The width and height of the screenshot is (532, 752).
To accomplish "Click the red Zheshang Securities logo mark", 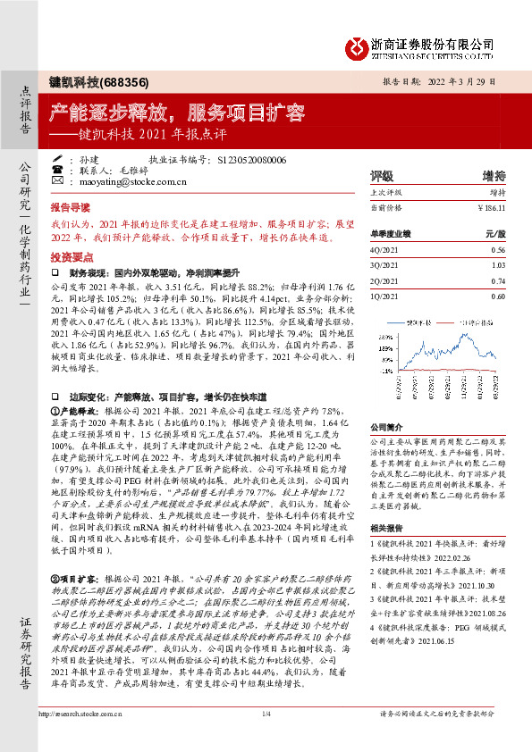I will (x=356, y=44).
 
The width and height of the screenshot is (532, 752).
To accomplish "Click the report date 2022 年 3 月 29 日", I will (x=470, y=79).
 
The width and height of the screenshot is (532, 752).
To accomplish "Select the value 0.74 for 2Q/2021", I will (x=498, y=280).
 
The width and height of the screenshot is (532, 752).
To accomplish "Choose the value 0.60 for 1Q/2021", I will (x=498, y=295).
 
